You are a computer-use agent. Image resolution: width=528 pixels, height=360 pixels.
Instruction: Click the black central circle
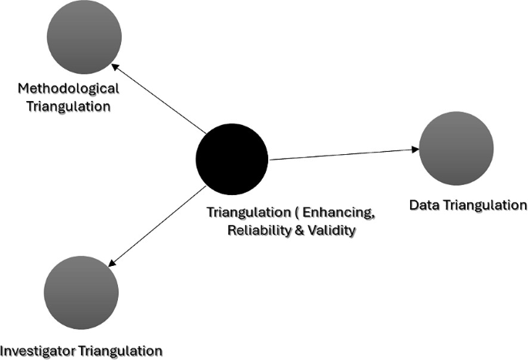(231, 158)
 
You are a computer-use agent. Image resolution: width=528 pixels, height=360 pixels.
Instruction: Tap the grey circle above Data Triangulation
(456, 149)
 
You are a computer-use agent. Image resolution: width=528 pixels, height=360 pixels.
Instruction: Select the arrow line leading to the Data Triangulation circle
(343, 153)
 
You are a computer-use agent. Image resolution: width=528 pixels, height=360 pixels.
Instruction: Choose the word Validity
(331, 230)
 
